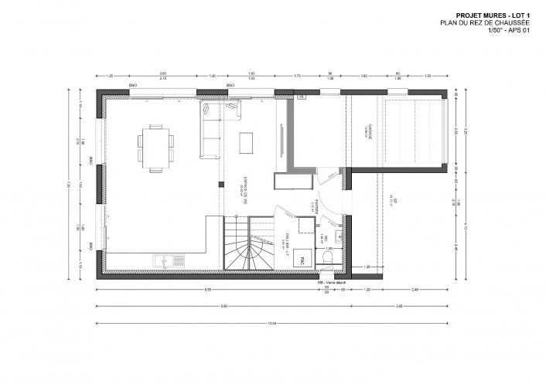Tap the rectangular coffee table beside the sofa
(x=247, y=144)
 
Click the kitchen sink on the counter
(x=166, y=261)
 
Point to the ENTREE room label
(x=318, y=208)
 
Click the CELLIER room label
(x=287, y=240)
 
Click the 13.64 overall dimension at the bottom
(x=270, y=322)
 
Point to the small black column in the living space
(x=221, y=184)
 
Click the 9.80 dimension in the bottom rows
(x=224, y=306)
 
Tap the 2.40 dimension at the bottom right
(x=416, y=289)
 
